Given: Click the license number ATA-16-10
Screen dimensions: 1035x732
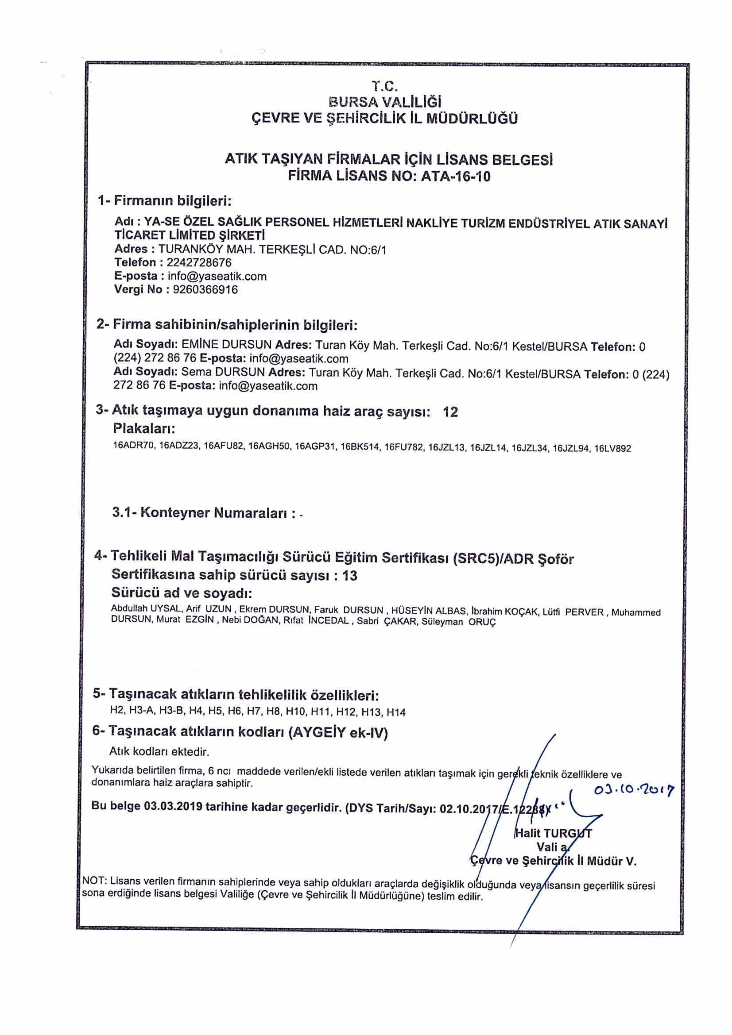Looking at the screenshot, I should (455, 176).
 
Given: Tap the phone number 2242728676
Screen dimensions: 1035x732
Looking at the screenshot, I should (199, 262).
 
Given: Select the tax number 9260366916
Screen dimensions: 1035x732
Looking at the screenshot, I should (205, 289).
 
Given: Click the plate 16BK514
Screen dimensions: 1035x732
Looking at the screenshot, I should (360, 447).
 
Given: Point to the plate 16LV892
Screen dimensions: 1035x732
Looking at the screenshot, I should (612, 449).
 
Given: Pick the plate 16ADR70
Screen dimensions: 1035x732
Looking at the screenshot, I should (134, 446).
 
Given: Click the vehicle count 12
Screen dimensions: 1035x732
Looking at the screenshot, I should (450, 412).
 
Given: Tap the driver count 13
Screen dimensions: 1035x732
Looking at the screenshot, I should (349, 576).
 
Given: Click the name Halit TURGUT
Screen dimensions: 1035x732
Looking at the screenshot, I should (554, 833).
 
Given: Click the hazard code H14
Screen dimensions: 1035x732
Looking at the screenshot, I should (396, 712).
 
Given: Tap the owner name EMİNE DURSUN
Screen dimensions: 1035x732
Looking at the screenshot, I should (226, 345).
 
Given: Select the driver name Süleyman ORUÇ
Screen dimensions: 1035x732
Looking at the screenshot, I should (458, 622).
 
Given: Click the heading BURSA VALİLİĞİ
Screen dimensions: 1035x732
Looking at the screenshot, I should (385, 102).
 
